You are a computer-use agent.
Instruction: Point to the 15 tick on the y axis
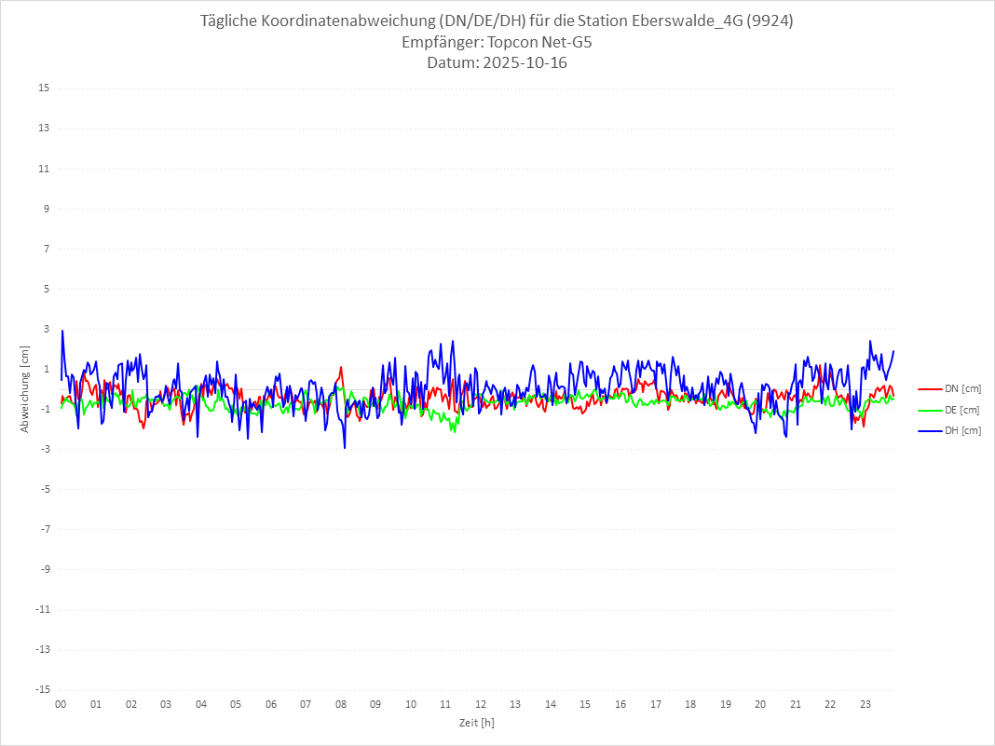[x=44, y=88]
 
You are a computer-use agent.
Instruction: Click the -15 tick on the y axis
[x=42, y=689]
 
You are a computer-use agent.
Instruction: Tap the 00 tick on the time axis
[x=61, y=704]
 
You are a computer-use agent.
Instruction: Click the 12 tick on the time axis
[x=481, y=704]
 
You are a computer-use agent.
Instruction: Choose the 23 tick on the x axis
[x=866, y=704]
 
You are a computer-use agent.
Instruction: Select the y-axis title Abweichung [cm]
[x=25, y=388]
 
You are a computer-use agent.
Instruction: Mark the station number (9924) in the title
[x=772, y=21]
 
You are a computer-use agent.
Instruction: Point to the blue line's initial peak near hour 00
[x=62, y=331]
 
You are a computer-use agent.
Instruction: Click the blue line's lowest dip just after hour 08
[x=345, y=448]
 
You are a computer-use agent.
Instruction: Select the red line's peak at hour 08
[x=341, y=367]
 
